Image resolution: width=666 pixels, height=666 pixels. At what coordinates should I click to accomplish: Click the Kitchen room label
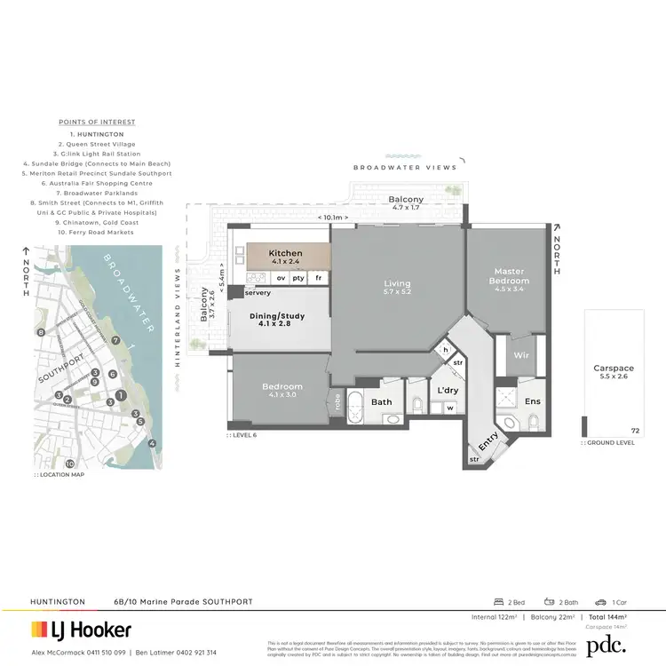coord(286,253)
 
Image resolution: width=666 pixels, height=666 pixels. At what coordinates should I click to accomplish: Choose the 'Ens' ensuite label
coord(532,401)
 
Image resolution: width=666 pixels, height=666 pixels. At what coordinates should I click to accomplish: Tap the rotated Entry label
coord(488,439)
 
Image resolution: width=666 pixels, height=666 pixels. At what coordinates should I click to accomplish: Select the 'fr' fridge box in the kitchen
coord(319,279)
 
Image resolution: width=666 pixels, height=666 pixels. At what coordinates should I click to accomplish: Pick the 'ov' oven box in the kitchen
coord(281,279)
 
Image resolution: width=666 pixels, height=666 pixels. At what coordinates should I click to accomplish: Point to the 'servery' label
coord(257,292)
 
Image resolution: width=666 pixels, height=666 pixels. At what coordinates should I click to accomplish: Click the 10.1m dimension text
coord(334,217)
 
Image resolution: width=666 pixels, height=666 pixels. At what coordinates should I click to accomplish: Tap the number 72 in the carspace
coord(634,430)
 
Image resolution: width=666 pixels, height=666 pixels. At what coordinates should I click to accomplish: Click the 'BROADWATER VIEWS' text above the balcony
coord(404,167)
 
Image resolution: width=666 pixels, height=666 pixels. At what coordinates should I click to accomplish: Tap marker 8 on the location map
coord(40,332)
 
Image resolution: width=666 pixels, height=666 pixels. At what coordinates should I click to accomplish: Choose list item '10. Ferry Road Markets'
coord(96,232)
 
